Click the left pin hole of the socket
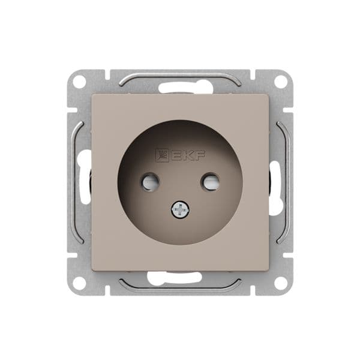[x=149, y=181]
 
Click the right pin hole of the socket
[x=210, y=181]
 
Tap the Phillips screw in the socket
[x=180, y=210]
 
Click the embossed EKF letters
[x=188, y=156]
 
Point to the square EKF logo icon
[x=163, y=156]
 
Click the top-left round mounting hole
[x=80, y=82]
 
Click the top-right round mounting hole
[x=281, y=81]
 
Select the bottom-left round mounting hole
[x=80, y=283]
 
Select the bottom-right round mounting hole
[x=281, y=283]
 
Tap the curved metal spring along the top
[x=180, y=76]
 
